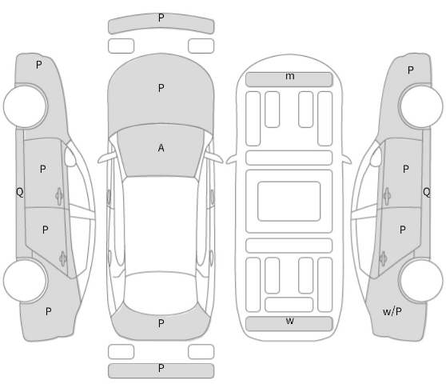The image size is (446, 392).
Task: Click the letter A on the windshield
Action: pos(161,148)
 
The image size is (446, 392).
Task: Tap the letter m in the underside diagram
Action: pos(290,76)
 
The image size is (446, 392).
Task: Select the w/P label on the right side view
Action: pos(392,312)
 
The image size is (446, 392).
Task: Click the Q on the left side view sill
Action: pos(20,192)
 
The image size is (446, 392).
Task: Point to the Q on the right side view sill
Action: pos(426,192)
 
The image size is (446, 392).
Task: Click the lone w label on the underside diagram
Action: pos(290,321)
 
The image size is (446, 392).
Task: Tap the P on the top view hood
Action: pos(161,88)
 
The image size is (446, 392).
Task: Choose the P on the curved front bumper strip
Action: pos(161,18)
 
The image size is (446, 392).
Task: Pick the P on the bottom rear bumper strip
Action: pos(161,368)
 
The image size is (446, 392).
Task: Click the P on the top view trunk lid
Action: pos(161,323)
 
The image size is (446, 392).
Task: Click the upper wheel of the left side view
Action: pos(26,106)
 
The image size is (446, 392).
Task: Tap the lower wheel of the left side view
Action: pos(26,280)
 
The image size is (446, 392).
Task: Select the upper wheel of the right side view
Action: pos(420,106)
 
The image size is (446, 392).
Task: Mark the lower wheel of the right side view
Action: pos(420,280)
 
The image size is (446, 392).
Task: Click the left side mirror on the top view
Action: pos(106,158)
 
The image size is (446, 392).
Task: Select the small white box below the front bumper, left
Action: pos(121,46)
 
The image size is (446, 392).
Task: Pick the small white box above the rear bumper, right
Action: pos(201,351)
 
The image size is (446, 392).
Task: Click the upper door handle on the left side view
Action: pos(59,196)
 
